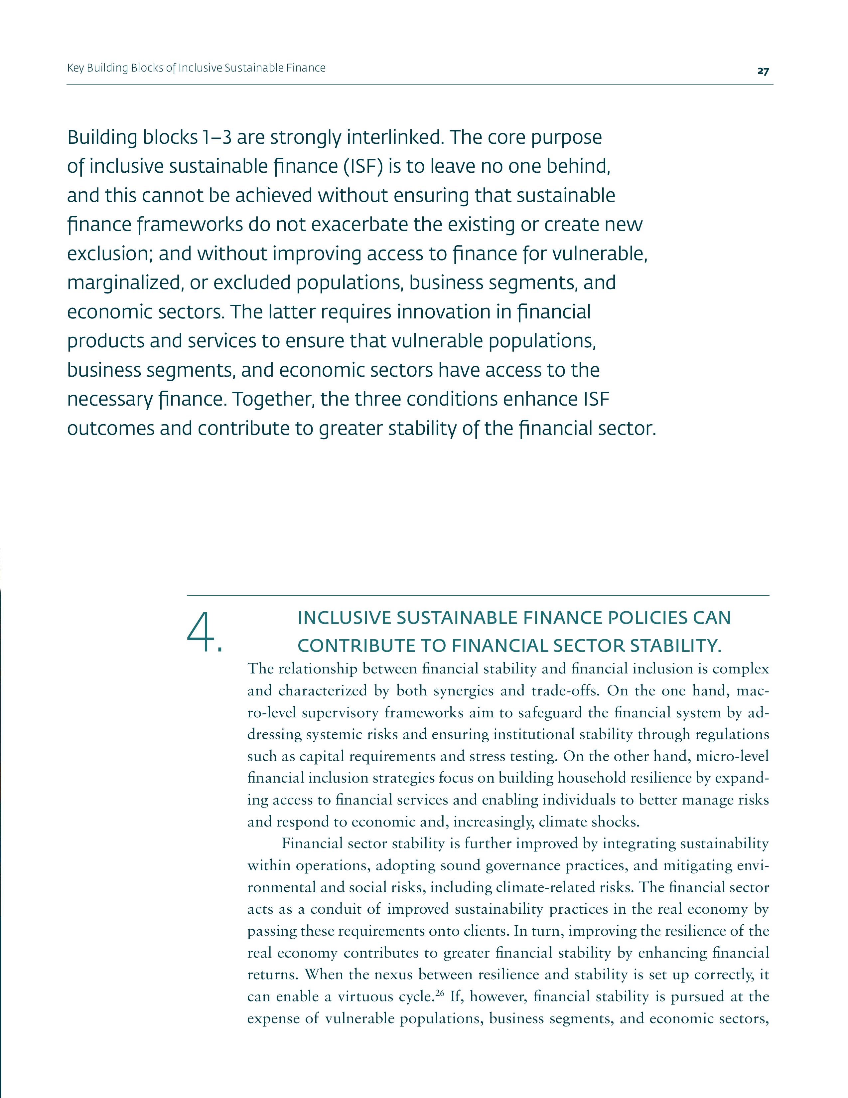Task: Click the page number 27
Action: pos(763,72)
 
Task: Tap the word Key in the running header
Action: pos(75,68)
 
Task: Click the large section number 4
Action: pos(204,633)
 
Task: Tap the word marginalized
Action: pos(123,283)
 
